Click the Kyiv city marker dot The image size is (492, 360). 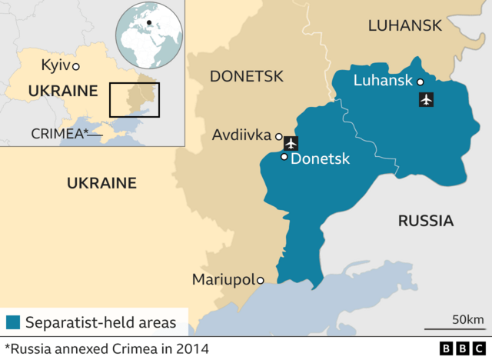[x=76, y=66]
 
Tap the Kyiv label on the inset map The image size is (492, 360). [x=55, y=66]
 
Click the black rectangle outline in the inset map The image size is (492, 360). [x=134, y=99]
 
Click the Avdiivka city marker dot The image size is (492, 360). [x=278, y=137]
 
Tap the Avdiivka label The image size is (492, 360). [x=241, y=136]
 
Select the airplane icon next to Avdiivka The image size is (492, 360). [x=291, y=143]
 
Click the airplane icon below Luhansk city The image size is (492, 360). [x=425, y=99]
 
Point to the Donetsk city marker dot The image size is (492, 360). [x=284, y=157]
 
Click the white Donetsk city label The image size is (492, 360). [x=321, y=159]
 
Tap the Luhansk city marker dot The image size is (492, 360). [x=421, y=82]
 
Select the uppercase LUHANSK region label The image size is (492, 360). [x=404, y=25]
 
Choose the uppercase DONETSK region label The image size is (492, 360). [x=246, y=76]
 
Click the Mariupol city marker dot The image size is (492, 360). [x=261, y=280]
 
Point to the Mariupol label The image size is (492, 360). [x=223, y=279]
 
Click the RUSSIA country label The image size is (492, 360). [x=425, y=221]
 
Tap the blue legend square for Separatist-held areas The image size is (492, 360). [x=13, y=322]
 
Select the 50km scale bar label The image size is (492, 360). [x=467, y=319]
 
